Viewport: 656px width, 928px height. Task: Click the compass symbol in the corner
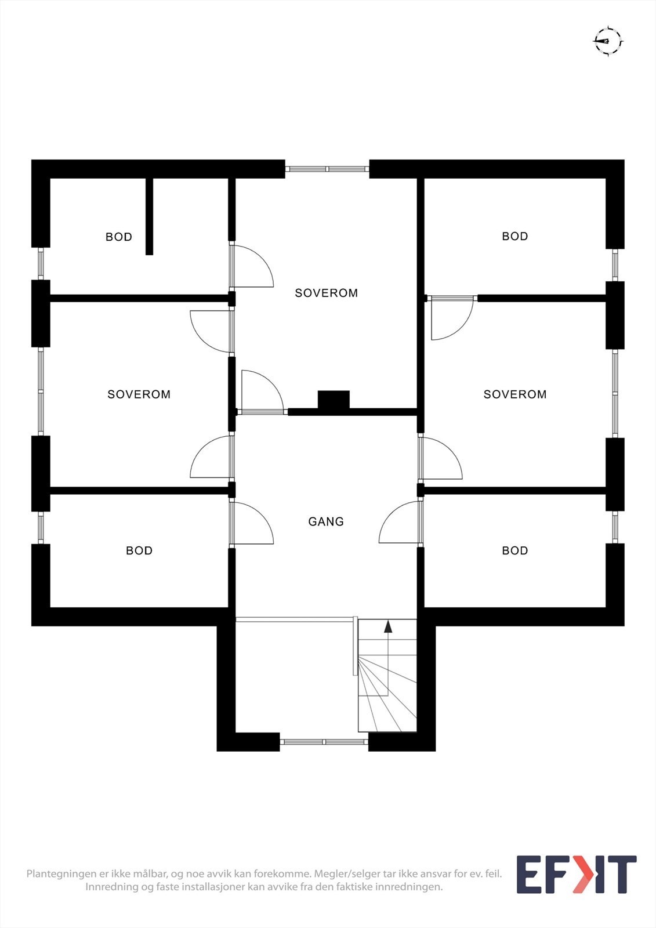tap(607, 41)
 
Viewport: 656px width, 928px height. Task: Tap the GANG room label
tap(326, 521)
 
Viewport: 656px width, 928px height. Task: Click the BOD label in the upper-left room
tap(119, 237)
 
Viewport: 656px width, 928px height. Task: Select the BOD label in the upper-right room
tap(515, 236)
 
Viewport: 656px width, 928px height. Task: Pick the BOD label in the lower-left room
tap(139, 550)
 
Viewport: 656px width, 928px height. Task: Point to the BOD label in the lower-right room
tap(515, 550)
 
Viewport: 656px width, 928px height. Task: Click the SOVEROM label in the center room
tap(327, 293)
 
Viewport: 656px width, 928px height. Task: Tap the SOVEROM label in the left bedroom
tap(139, 394)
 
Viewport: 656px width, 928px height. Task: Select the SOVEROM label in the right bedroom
tap(515, 394)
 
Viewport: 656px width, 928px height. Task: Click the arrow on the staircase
tap(388, 626)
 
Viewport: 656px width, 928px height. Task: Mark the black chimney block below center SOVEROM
tap(334, 400)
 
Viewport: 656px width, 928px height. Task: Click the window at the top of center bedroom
tap(327, 169)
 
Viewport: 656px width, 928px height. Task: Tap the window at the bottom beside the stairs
tap(324, 741)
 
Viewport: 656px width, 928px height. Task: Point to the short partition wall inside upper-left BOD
tap(149, 216)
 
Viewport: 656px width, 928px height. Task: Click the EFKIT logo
tap(576, 874)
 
